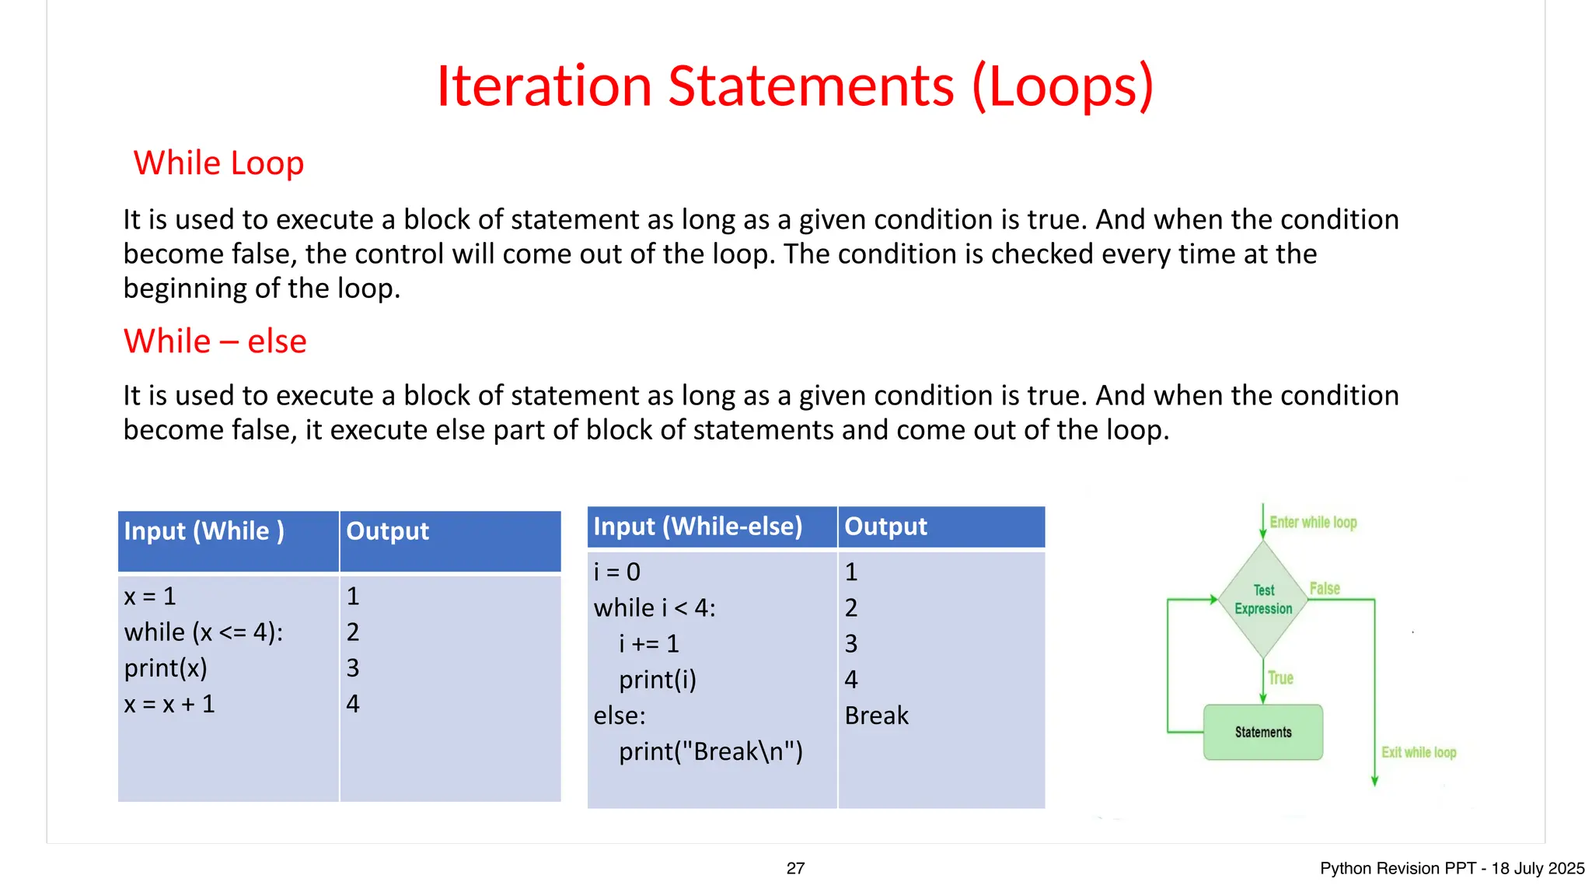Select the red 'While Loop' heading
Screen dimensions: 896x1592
(218, 163)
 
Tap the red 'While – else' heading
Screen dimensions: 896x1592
(215, 341)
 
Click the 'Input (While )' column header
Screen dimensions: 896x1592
(204, 531)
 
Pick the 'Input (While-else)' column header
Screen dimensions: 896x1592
(697, 527)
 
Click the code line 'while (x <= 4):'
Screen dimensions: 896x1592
(204, 632)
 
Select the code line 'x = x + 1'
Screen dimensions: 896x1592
(169, 704)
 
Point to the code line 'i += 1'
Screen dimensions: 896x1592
(649, 644)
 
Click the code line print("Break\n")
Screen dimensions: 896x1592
(710, 751)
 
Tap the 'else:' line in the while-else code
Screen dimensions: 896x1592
(620, 716)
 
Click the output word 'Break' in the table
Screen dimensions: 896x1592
(876, 716)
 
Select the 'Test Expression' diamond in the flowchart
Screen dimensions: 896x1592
(1263, 600)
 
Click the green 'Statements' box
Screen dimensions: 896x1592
(1262, 732)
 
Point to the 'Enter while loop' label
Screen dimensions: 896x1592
(1313, 523)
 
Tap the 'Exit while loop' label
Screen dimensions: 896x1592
(1418, 752)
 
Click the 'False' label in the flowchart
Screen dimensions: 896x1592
(1325, 589)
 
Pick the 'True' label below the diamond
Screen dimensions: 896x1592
(1280, 678)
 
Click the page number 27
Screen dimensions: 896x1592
(795, 869)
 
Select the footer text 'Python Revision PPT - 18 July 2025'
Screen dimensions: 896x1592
(1451, 869)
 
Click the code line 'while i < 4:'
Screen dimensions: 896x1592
(655, 608)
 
